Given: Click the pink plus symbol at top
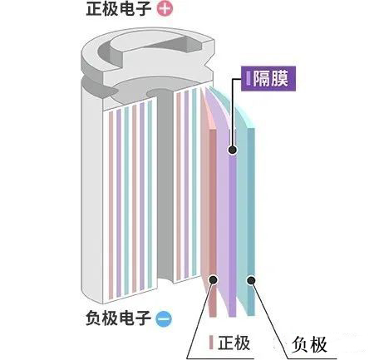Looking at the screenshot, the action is (165, 9).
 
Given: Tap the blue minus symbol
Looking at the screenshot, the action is (164, 319).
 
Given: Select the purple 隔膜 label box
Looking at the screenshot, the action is (268, 79).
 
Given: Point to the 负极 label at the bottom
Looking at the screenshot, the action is (309, 345).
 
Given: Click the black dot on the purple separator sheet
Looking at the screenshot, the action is (233, 150).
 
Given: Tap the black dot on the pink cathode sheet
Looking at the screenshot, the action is (214, 279).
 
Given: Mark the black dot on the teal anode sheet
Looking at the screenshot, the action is (251, 280).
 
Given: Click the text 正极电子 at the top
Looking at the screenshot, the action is (119, 9).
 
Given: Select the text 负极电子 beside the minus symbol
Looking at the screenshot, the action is (118, 318).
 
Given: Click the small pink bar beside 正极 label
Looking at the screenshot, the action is (211, 343).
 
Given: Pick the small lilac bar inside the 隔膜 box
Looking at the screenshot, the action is (249, 79).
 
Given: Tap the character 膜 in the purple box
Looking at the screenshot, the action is (279, 79).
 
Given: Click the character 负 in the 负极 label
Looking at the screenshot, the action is (300, 345).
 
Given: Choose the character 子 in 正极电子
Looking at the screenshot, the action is (143, 9).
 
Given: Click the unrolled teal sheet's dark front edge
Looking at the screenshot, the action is (251, 222).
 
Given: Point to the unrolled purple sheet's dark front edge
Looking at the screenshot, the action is (233, 223).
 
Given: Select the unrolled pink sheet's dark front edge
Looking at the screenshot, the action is (213, 223).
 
